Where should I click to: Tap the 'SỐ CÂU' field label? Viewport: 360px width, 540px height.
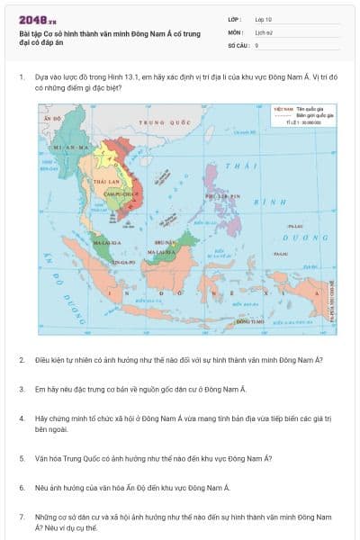[x=237, y=44]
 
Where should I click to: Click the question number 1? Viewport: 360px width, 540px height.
[x=22, y=77]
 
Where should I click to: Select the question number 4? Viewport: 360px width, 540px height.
[x=22, y=418]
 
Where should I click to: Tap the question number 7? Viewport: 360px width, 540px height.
[x=22, y=517]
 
